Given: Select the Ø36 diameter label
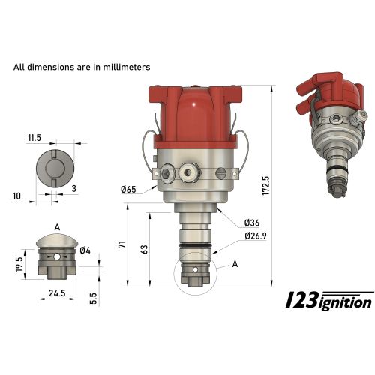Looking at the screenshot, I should click(253, 223).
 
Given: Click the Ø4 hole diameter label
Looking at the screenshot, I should click(85, 250).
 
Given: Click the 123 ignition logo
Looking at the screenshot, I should click(331, 300).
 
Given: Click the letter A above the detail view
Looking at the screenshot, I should click(57, 226).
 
